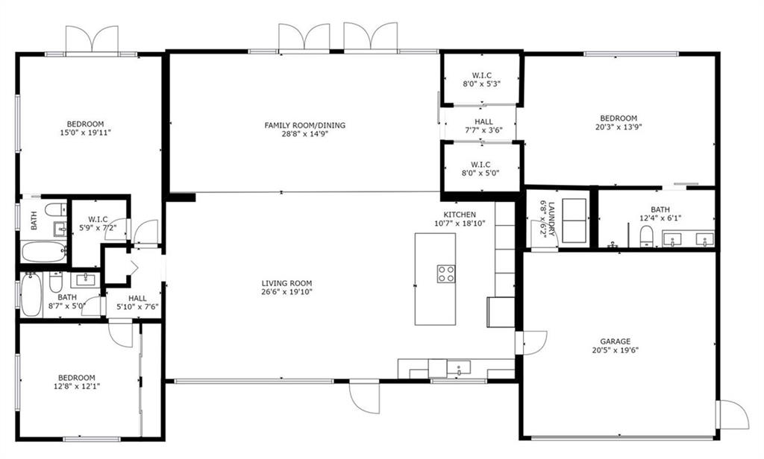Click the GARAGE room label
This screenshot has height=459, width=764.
pos(615,341)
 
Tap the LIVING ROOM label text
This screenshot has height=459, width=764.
pos(286,283)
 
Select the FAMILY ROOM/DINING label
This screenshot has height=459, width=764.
pos(305,125)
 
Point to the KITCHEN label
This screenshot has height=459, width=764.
pos(460,215)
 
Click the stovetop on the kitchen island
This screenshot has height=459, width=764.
pos(446,274)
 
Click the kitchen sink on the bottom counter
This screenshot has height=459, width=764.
pos(459,367)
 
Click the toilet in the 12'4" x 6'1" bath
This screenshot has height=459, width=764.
pos(646,236)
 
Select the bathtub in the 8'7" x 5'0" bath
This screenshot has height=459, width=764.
pos(31,294)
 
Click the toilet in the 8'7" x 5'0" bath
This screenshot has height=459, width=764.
pos(55,282)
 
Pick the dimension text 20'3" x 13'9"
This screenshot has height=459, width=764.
pos(619,127)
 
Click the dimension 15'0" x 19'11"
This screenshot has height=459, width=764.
pos(85,133)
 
